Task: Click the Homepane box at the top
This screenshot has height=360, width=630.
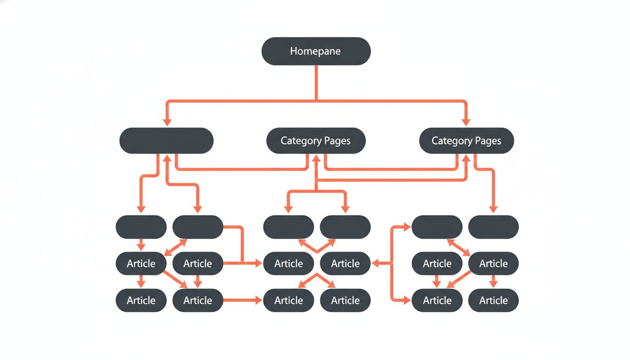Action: tap(316, 51)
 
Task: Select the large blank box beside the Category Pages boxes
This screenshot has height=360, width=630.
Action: tap(166, 141)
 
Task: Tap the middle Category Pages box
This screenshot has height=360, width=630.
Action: tap(315, 141)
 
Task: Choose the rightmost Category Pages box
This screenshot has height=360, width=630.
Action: tap(466, 141)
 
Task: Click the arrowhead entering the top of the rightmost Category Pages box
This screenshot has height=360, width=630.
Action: tap(466, 122)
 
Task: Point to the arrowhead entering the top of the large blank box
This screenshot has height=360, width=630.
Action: tap(166, 122)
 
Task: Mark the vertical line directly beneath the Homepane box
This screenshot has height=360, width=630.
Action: tap(316, 82)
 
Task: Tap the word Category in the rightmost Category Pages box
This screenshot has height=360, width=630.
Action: tap(450, 141)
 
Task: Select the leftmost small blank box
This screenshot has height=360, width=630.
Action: tap(141, 227)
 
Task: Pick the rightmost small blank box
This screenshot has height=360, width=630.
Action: tap(494, 227)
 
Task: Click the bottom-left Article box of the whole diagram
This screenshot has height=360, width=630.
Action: tap(141, 300)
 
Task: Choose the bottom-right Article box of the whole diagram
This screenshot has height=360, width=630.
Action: tap(494, 300)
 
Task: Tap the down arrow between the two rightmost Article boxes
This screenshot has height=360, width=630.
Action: tap(494, 281)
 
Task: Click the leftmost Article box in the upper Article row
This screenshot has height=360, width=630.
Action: tap(141, 263)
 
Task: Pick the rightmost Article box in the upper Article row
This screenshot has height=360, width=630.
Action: tap(494, 263)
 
